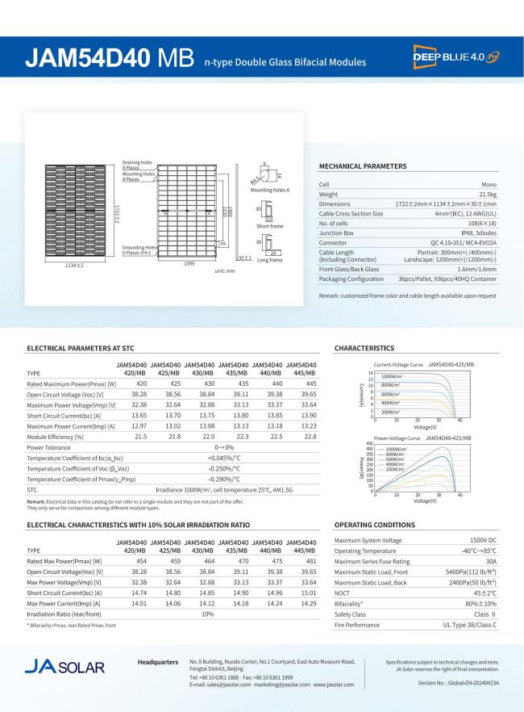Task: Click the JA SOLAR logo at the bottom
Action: pyautogui.click(x=64, y=668)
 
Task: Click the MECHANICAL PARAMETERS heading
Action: pyautogui.click(x=363, y=166)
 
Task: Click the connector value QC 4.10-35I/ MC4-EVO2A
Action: pyautogui.click(x=464, y=242)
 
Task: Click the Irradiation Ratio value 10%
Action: pyautogui.click(x=207, y=614)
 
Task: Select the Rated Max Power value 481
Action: pyautogui.click(x=307, y=560)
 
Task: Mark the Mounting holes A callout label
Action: pyautogui.click(x=268, y=189)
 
